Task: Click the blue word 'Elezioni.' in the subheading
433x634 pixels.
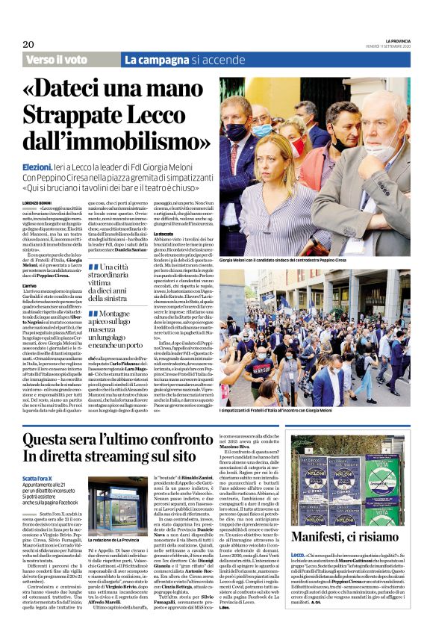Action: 37,169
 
